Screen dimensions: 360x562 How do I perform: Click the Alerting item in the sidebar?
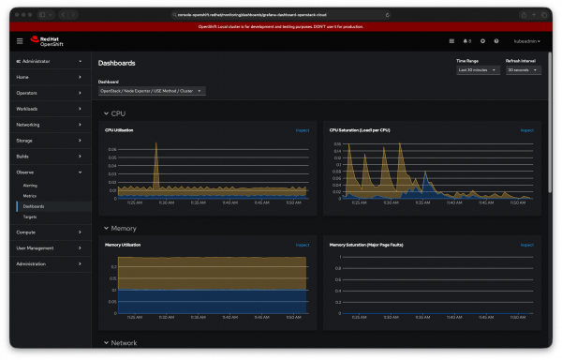(x=31, y=186)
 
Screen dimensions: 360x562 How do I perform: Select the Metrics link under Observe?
(x=30, y=196)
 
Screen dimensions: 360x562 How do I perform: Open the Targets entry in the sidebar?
(x=30, y=217)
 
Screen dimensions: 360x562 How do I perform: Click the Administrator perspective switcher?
(x=47, y=61)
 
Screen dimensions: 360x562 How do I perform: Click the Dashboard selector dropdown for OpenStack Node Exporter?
(x=152, y=91)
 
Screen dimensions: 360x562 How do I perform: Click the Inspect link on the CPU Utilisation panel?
(x=303, y=130)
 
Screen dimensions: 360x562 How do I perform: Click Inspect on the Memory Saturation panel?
(x=527, y=245)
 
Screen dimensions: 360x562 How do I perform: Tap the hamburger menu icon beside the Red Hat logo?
(x=20, y=41)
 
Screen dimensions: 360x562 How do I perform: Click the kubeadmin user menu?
(x=526, y=41)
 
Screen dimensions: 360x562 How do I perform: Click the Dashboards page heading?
(x=117, y=63)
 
